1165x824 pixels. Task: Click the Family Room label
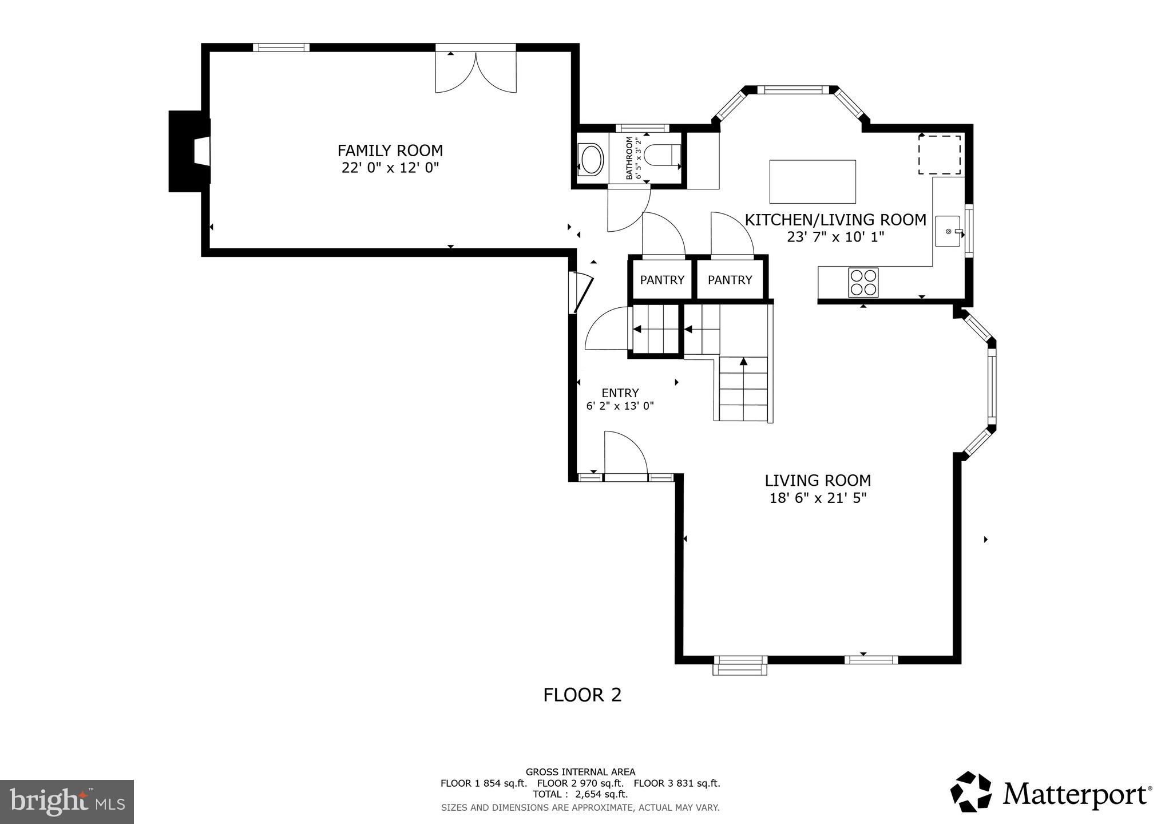pos(390,150)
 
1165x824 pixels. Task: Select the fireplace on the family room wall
pos(189,152)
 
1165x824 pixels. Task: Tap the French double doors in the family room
pos(475,72)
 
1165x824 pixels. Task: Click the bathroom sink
pos(590,159)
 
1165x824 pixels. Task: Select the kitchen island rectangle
pos(812,181)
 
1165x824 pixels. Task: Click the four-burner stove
pos(863,282)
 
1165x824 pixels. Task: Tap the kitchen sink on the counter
pos(949,231)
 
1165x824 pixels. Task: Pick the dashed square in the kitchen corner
pos(939,154)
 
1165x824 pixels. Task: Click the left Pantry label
pos(662,280)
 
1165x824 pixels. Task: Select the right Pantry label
pos(730,280)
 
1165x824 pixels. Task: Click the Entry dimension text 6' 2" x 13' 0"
pos(620,406)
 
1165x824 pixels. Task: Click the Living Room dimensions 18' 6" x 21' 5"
pos(818,498)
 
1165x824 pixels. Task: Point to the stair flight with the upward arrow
pos(743,389)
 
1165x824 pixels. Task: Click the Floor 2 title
pos(582,695)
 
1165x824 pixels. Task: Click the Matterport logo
pos(1051,793)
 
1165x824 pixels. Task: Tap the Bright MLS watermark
pos(66,802)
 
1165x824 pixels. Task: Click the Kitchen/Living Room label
pos(835,220)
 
